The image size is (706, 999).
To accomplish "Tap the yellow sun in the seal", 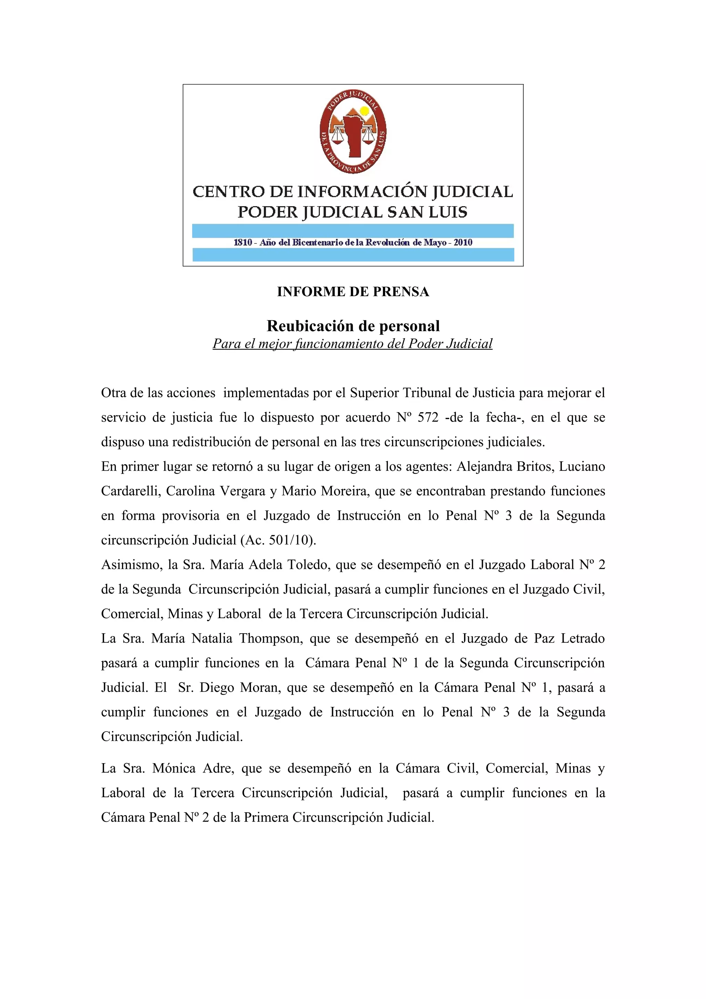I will [364, 111].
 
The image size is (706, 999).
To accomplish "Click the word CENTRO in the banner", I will [222, 192].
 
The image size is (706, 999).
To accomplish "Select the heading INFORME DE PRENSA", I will [353, 292].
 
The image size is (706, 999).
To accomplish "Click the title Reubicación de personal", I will [353, 325].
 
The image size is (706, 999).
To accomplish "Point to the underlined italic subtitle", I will [352, 344].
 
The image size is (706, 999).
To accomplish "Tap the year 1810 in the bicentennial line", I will [243, 243].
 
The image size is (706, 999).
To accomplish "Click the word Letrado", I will [583, 639].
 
